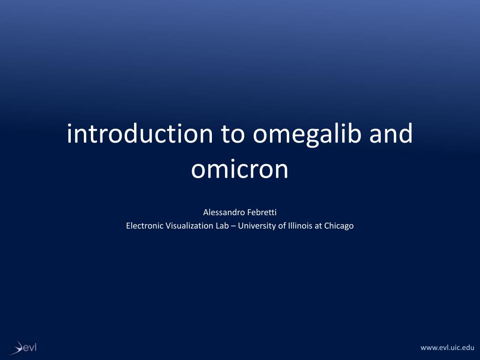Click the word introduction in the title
click(140, 134)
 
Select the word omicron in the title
click(240, 169)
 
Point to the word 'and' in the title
click(391, 134)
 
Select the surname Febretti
click(262, 212)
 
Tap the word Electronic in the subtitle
click(144, 225)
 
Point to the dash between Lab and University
click(233, 226)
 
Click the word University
click(257, 226)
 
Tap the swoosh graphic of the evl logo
click(17, 348)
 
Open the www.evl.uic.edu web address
click(447, 347)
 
